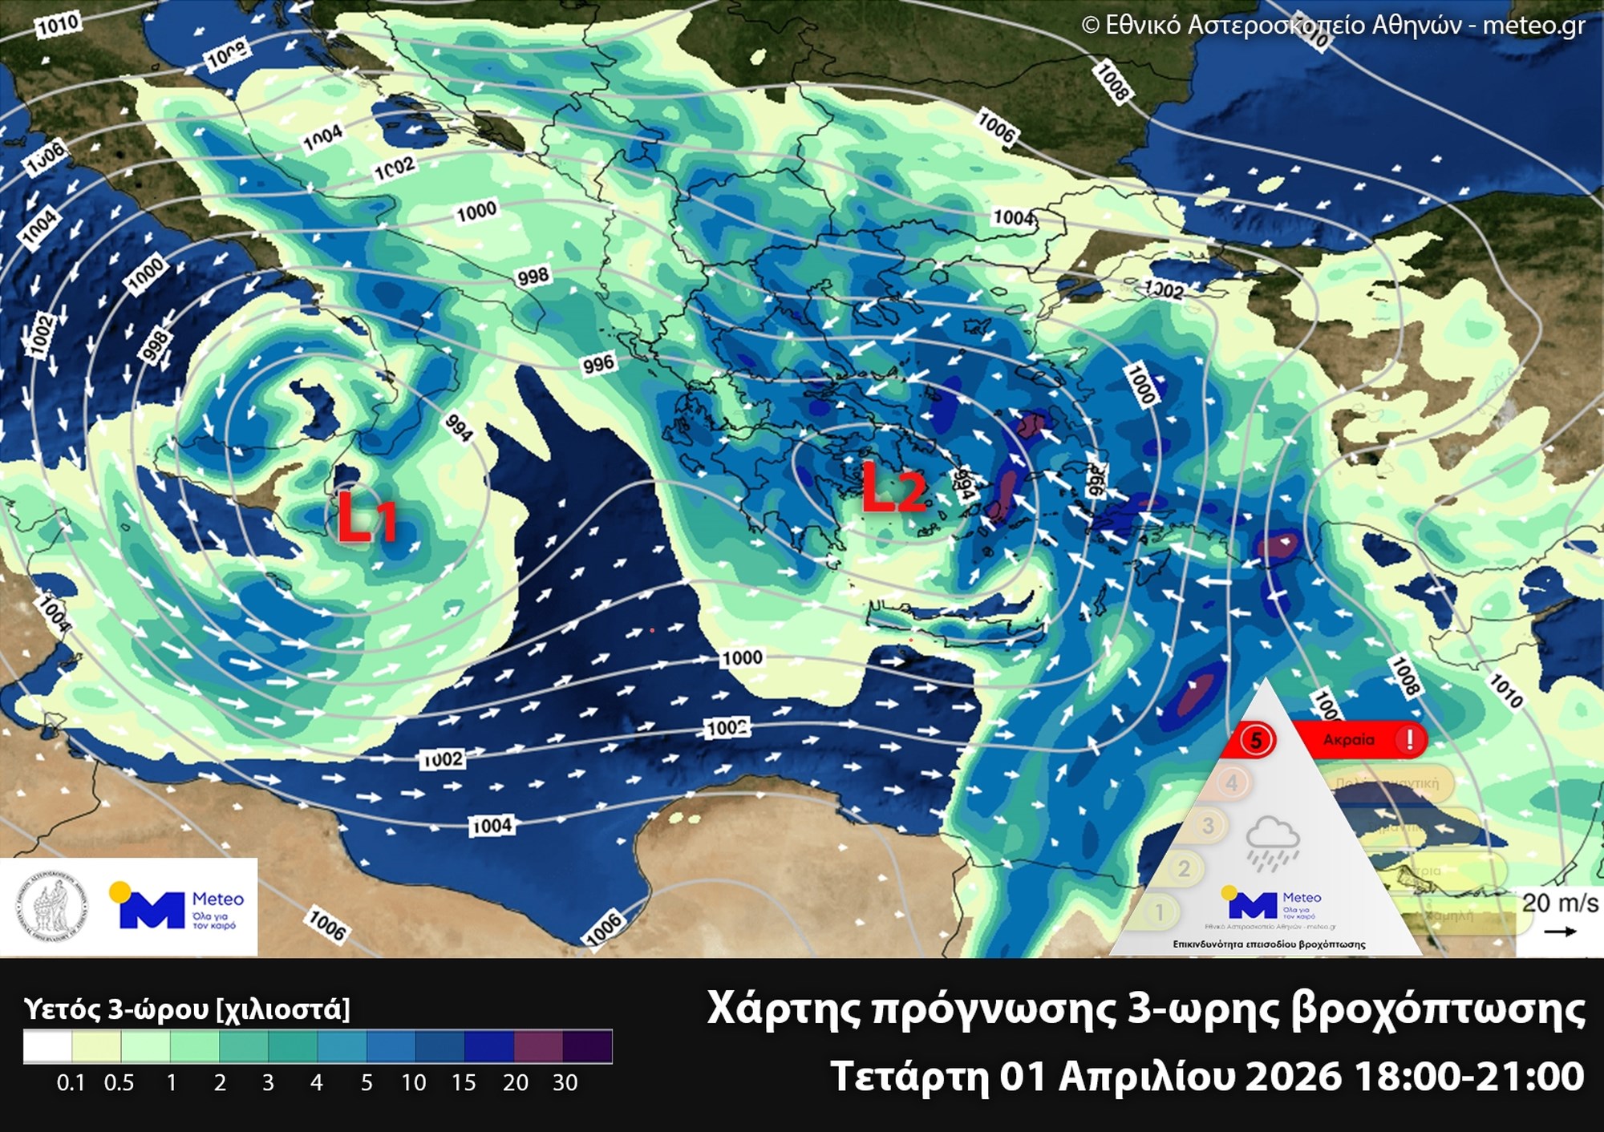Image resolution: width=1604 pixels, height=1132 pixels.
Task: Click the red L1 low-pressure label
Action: [x=366, y=516]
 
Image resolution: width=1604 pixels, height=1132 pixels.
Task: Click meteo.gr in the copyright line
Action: [x=1533, y=26]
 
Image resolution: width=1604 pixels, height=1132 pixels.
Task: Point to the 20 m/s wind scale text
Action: [x=1559, y=904]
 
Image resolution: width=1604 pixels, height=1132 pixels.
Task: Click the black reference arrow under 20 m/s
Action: [x=1560, y=932]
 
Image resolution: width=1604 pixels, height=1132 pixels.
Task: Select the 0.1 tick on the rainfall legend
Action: [x=71, y=1083]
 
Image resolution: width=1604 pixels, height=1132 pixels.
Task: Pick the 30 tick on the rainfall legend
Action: [x=565, y=1083]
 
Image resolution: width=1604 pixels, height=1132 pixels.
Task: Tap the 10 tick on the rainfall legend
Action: [x=413, y=1083]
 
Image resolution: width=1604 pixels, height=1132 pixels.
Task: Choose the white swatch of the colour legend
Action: [x=47, y=1046]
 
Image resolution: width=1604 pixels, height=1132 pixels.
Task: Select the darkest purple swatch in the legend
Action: [x=588, y=1046]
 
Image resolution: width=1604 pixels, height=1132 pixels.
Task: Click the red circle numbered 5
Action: [x=1256, y=739]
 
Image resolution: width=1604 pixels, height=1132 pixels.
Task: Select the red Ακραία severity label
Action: [x=1349, y=739]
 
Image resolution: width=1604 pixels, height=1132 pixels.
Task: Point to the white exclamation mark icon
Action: [x=1409, y=739]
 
